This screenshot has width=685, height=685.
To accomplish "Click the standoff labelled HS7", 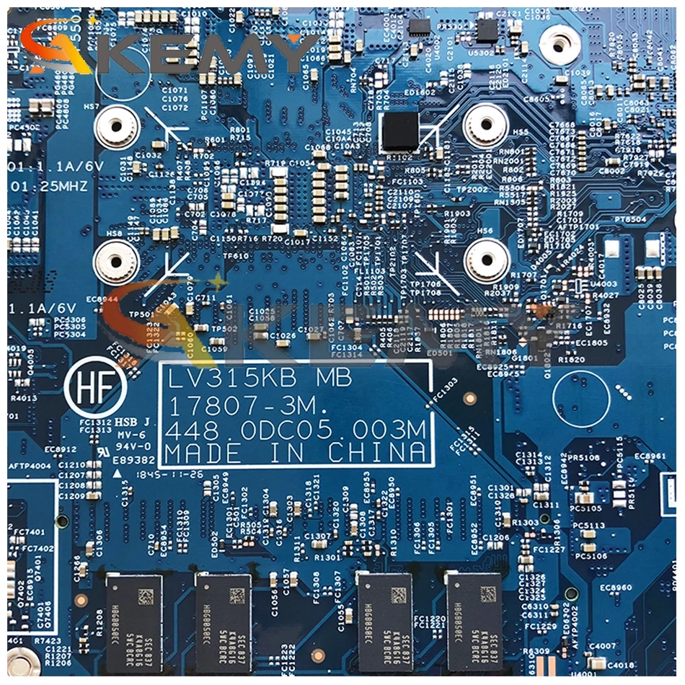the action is pyautogui.click(x=114, y=128).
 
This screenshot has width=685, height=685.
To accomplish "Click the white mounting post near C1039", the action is pyautogui.click(x=560, y=45).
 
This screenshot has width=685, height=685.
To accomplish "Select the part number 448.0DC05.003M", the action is pyautogui.click(x=295, y=430).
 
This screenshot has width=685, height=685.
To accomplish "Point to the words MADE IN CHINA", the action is pyautogui.click(x=295, y=454).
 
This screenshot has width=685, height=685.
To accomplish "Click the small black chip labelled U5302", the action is pyautogui.click(x=487, y=30).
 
